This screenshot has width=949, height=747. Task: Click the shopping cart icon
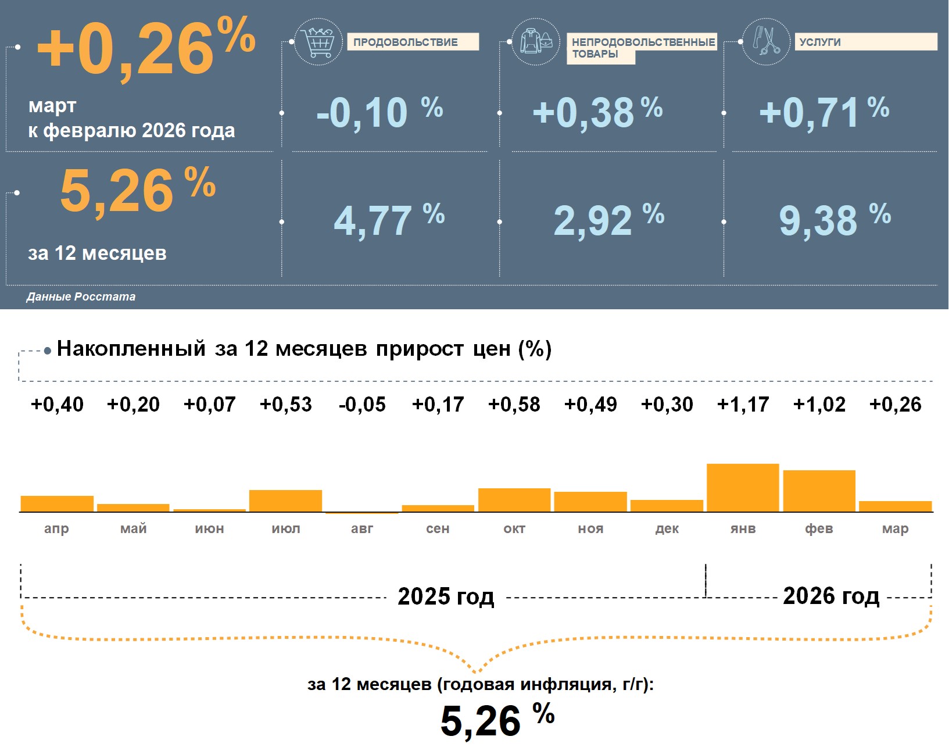(318, 42)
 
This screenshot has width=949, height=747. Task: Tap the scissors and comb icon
(766, 41)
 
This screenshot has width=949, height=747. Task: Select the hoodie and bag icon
(536, 41)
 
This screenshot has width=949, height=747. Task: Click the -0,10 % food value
(379, 112)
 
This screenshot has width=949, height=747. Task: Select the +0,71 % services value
(823, 112)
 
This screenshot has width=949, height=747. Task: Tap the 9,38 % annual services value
(834, 220)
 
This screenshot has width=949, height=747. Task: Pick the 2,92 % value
(608, 220)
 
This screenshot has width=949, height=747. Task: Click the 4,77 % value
(388, 220)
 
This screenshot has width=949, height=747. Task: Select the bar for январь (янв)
(743, 488)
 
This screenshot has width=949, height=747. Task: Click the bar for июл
(285, 501)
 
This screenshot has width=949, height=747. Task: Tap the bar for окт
(514, 500)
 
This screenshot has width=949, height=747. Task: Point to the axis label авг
(362, 528)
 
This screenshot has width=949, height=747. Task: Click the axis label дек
(667, 528)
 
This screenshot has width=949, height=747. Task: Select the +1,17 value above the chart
(743, 404)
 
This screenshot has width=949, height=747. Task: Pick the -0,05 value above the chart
(362, 404)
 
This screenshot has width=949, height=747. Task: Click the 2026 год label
(831, 596)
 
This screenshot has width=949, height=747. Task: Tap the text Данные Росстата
(81, 296)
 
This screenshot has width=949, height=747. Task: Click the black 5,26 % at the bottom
(497, 720)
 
